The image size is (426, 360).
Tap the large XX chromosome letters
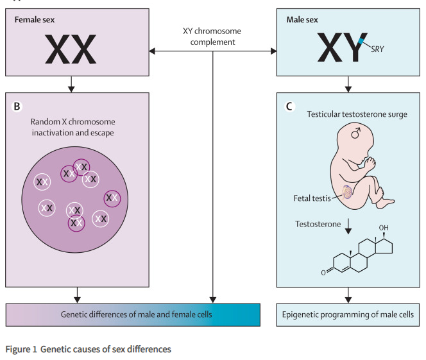tap(71, 49)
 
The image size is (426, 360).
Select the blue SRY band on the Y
tap(363, 42)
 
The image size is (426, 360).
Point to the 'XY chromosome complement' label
tap(214, 37)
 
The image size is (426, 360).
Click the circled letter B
tap(18, 105)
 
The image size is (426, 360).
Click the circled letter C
tap(290, 105)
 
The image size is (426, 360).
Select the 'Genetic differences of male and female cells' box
tap(136, 314)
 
